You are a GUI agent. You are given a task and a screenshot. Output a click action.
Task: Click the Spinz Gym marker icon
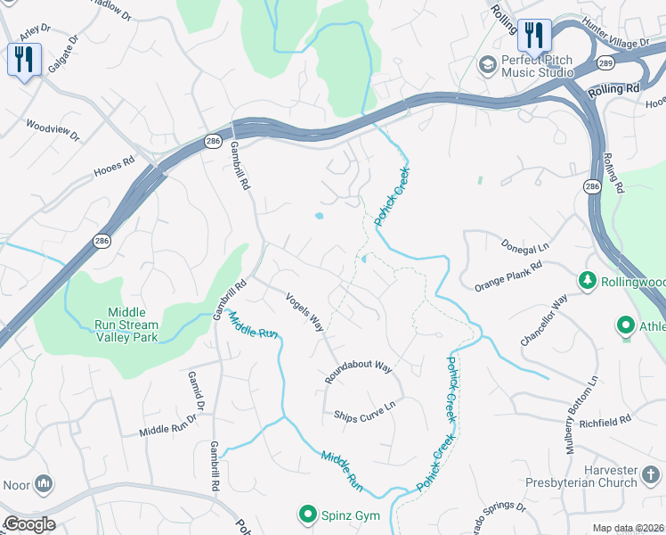(307, 514)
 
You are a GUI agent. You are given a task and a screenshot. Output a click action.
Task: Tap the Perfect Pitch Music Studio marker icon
(487, 64)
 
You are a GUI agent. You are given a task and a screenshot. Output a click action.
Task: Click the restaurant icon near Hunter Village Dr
(534, 36)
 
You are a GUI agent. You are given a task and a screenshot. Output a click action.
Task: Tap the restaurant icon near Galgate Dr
(23, 60)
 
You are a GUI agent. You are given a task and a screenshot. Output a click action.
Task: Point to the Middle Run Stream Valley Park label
(133, 325)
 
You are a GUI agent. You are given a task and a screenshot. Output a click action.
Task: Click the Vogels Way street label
(305, 311)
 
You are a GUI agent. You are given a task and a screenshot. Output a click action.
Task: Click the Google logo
(28, 524)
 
